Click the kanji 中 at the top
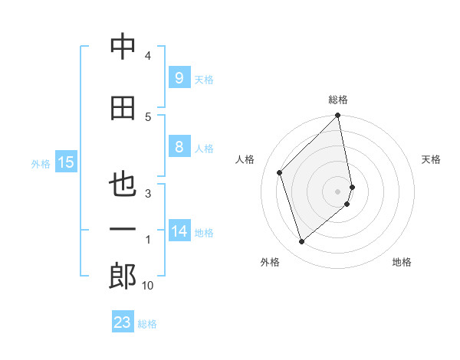(x=123, y=47)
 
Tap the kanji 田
(x=123, y=108)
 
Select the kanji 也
(x=123, y=185)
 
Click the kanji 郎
(x=123, y=277)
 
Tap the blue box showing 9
(x=179, y=77)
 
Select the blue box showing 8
(x=179, y=147)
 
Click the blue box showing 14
(x=180, y=231)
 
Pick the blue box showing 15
(x=66, y=162)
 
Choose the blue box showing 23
(x=123, y=322)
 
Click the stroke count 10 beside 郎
(x=148, y=286)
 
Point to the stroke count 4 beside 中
(x=148, y=56)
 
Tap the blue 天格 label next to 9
(x=204, y=79)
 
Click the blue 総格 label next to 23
(x=148, y=324)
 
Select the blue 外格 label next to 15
(x=41, y=163)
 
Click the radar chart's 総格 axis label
(x=338, y=100)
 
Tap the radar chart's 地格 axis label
(x=402, y=262)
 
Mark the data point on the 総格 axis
(x=337, y=116)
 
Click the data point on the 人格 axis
(x=280, y=172)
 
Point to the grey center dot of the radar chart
(x=338, y=191)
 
